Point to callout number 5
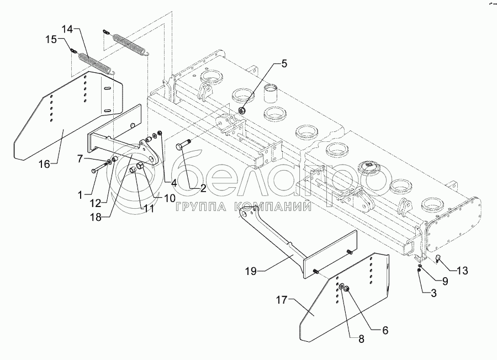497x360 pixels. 284,63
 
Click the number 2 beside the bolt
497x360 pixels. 202,189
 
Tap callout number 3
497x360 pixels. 434,294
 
